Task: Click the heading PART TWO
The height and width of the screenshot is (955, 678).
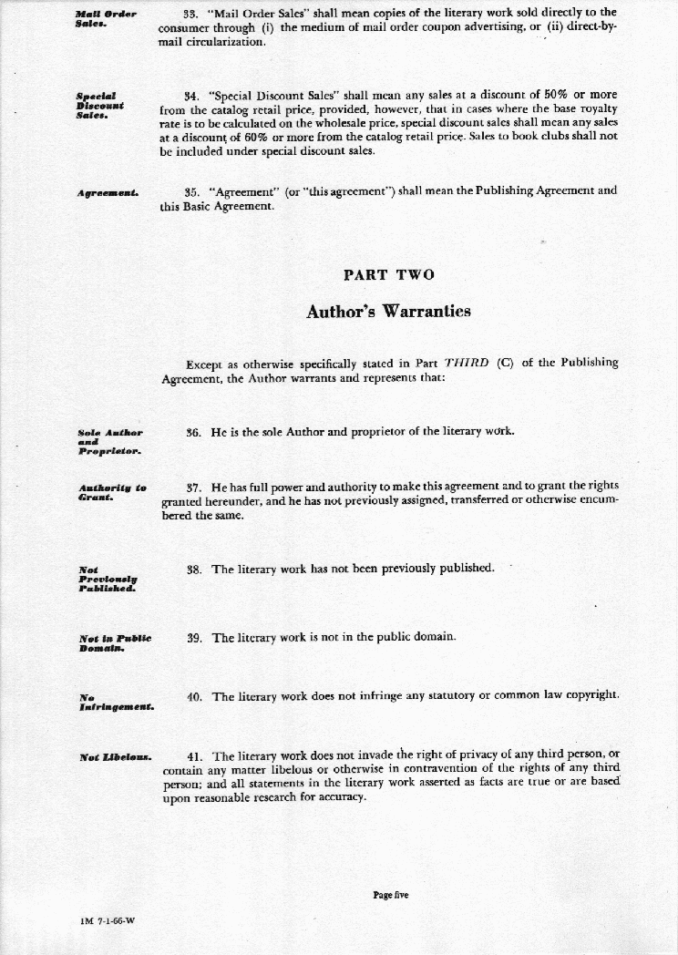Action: click(x=389, y=274)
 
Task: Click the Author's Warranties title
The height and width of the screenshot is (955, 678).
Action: click(x=389, y=311)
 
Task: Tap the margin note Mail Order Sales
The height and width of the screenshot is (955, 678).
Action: click(x=106, y=18)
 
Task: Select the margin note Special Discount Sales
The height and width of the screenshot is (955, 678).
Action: click(x=100, y=105)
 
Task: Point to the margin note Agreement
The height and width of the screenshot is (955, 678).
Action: click(x=108, y=192)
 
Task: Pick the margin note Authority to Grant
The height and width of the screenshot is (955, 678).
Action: click(x=112, y=493)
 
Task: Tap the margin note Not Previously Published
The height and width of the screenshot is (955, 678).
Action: click(x=108, y=580)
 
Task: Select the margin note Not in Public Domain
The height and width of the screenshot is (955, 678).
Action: click(x=114, y=643)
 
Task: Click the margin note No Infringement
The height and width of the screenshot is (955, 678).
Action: click(x=115, y=703)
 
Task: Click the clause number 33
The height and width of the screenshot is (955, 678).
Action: click(x=191, y=13)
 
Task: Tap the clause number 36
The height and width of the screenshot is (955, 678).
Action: click(x=192, y=431)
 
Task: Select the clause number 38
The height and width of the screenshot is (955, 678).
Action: click(x=193, y=570)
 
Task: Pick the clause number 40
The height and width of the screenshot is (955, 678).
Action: click(x=193, y=697)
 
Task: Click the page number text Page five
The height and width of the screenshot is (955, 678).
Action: click(x=391, y=895)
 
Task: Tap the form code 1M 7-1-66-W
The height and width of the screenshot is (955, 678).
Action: click(x=108, y=920)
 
